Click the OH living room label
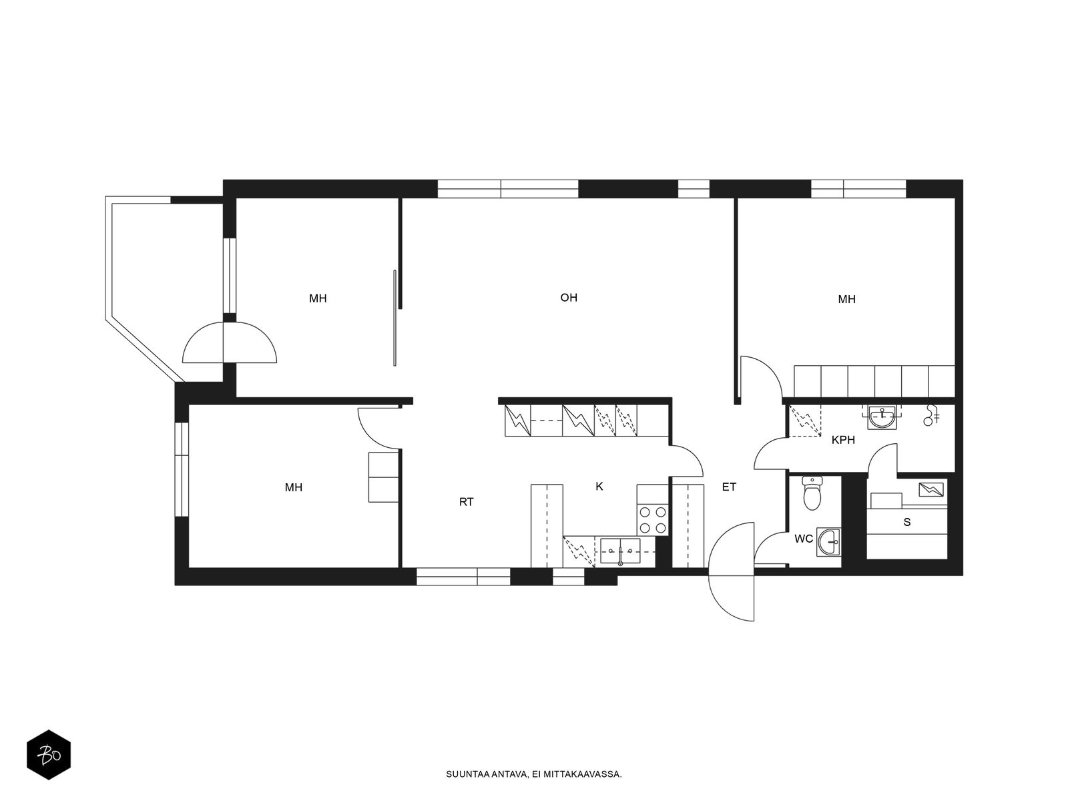pyautogui.click(x=568, y=297)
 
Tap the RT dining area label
pyautogui.click(x=466, y=502)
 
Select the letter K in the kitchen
pyautogui.click(x=599, y=487)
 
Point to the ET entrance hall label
pyautogui.click(x=729, y=487)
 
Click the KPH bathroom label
pyautogui.click(x=843, y=440)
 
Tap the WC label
pyautogui.click(x=804, y=539)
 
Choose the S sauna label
pyautogui.click(x=907, y=523)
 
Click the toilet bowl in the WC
pyautogui.click(x=812, y=493)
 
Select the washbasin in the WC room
pyautogui.click(x=828, y=542)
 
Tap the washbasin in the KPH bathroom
pyautogui.click(x=882, y=418)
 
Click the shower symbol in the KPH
pyautogui.click(x=930, y=415)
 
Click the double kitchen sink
pyautogui.click(x=620, y=551)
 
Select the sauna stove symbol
pyautogui.click(x=930, y=489)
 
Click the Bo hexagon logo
pyautogui.click(x=49, y=756)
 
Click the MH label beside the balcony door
pyautogui.click(x=318, y=298)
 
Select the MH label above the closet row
pyautogui.click(x=846, y=300)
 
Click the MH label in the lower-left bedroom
pyautogui.click(x=294, y=487)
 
